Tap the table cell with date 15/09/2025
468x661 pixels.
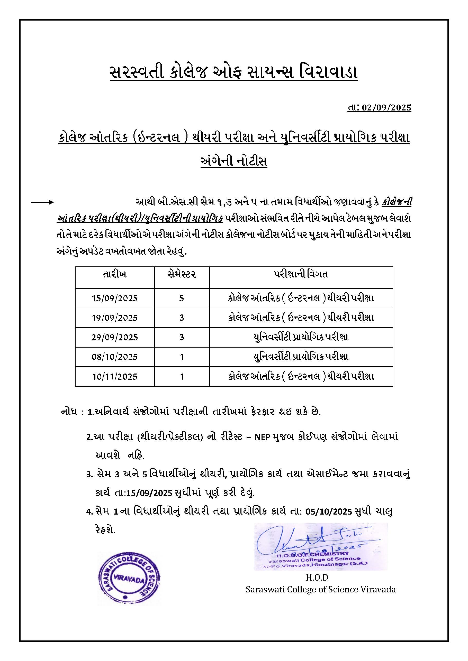click(115, 298)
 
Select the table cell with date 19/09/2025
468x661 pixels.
click(115, 318)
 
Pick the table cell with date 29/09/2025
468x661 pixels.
click(115, 337)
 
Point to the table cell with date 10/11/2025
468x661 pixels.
click(115, 377)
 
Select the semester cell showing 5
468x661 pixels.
click(182, 298)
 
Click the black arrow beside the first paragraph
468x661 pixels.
click(42, 202)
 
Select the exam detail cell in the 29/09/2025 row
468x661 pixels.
click(301, 337)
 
